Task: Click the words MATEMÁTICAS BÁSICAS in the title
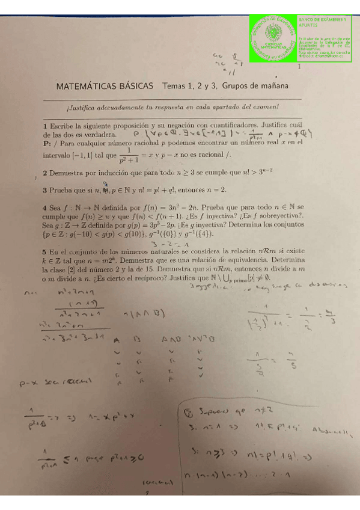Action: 106,86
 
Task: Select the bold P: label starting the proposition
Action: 47,144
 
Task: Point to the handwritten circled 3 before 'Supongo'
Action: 189,413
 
